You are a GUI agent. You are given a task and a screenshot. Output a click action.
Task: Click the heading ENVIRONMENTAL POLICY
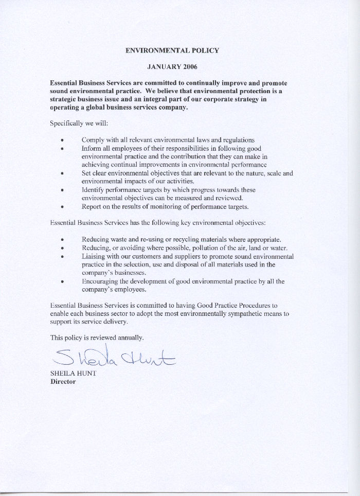[x=172, y=50]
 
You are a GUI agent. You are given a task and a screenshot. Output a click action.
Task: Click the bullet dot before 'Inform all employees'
[x=62, y=149]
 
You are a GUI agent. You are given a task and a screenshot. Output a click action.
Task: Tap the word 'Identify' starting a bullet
[x=94, y=189]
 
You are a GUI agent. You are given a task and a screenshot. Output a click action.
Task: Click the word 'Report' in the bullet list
[x=92, y=206]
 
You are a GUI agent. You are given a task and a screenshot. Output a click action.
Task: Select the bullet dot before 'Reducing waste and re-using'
[x=62, y=240]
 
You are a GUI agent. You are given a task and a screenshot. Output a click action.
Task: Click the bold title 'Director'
[x=63, y=382]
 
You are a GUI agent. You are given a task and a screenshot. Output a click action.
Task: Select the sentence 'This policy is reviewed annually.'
[x=97, y=338]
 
